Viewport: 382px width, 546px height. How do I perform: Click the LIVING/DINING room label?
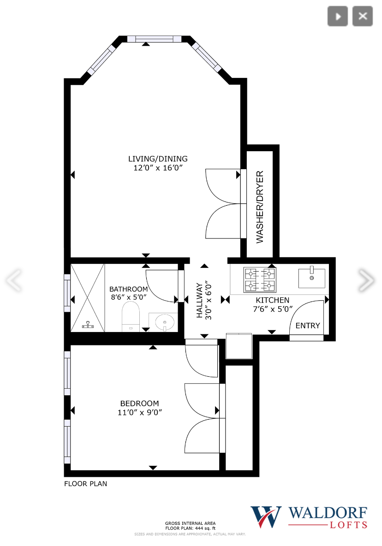point(158,159)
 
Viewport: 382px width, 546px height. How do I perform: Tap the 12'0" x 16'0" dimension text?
point(158,168)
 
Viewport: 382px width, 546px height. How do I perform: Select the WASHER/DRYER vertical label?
point(260,207)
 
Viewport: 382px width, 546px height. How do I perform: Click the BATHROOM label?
point(129,289)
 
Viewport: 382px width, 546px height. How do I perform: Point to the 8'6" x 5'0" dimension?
point(129,297)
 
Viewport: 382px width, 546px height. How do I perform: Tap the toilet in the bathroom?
point(131,317)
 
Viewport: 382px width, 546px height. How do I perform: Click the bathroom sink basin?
point(163,321)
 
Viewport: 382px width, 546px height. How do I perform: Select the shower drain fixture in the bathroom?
point(88,326)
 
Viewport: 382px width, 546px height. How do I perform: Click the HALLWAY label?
point(200,300)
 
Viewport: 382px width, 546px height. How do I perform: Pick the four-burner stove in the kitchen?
point(260,280)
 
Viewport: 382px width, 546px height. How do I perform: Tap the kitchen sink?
point(312,278)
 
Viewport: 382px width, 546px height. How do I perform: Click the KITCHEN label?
point(273,300)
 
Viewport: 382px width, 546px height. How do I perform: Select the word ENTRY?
point(308,326)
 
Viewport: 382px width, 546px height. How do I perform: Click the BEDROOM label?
point(140,403)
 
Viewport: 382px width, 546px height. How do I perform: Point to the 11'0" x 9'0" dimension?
point(140,412)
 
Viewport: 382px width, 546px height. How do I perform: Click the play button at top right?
point(338,17)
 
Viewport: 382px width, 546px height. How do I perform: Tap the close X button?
point(363,17)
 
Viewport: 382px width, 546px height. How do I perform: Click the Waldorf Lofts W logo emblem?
point(266,517)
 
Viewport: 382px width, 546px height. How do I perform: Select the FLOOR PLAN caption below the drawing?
point(85,484)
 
